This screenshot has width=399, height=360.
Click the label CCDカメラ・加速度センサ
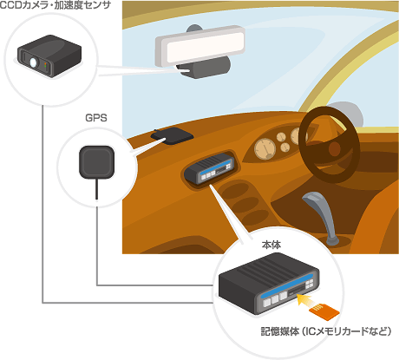(55, 5)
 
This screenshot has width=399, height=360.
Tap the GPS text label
(96, 118)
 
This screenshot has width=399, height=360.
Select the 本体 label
(271, 245)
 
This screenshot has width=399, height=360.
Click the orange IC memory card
(324, 312)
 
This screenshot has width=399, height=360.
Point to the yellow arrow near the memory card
(305, 301)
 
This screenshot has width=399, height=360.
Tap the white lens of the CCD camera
(34, 62)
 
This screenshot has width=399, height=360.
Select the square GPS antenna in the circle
(97, 162)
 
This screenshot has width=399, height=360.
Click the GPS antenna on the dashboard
(173, 135)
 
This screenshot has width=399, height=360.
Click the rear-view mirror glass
(201, 45)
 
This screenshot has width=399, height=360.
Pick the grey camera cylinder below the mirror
(206, 67)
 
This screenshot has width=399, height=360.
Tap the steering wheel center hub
(335, 148)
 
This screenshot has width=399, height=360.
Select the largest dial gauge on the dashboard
(265, 148)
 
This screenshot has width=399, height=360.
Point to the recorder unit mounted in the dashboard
(209, 168)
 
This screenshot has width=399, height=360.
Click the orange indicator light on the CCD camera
(45, 63)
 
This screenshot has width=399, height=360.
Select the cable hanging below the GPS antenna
(96, 189)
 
